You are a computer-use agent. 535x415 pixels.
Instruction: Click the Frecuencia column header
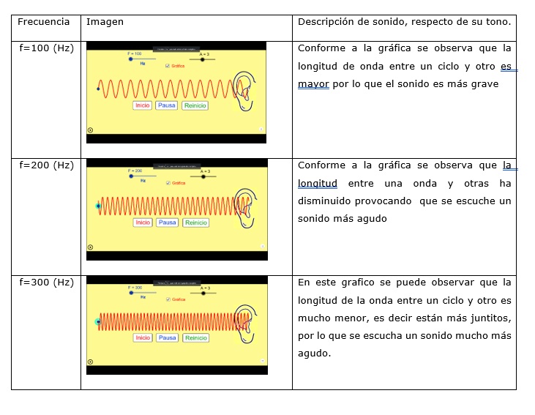pyautogui.click(x=44, y=22)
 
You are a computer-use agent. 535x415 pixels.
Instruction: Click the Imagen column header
pyautogui.click(x=105, y=22)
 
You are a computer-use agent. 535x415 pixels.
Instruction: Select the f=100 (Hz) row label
pyautogui.click(x=46, y=48)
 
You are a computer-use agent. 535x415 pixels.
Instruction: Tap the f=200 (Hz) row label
pyautogui.click(x=46, y=165)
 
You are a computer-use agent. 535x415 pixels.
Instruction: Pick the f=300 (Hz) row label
pyautogui.click(x=46, y=283)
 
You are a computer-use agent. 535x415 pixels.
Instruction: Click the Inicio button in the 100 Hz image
pyautogui.click(x=142, y=105)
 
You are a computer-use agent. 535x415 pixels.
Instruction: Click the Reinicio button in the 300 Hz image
pyautogui.click(x=195, y=338)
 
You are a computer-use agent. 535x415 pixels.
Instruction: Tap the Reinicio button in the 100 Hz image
pyautogui.click(x=195, y=105)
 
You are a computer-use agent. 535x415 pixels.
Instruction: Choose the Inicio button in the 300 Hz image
pyautogui.click(x=142, y=338)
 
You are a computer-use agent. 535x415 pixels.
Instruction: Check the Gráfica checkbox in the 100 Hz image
pyautogui.click(x=168, y=66)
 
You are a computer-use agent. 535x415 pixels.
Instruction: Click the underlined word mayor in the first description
pyautogui.click(x=313, y=84)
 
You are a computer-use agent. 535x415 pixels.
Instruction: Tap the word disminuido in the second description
pyautogui.click(x=323, y=201)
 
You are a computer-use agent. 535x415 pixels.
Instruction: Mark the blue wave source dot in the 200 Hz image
pyautogui.click(x=98, y=206)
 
